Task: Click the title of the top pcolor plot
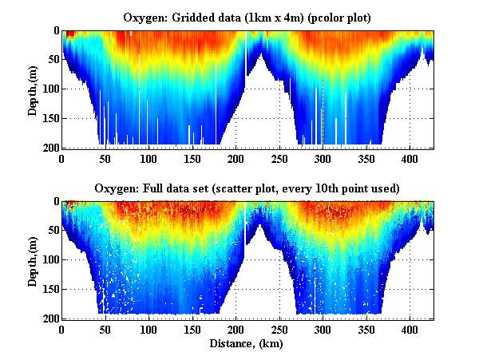click(247, 17)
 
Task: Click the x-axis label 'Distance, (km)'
click(247, 343)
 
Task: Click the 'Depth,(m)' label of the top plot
click(33, 89)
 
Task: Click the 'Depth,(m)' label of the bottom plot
click(33, 260)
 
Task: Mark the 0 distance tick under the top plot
click(62, 158)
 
